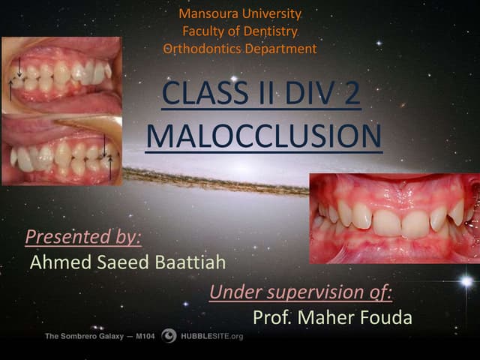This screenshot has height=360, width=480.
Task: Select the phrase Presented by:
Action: pyautogui.click(x=83, y=237)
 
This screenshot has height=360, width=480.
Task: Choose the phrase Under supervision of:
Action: pyautogui.click(x=301, y=292)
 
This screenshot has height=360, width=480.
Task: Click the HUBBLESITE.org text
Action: pyautogui.click(x=212, y=337)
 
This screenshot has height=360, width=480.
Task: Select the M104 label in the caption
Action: pyautogui.click(x=143, y=337)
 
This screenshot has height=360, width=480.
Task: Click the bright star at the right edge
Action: pyautogui.click(x=466, y=281)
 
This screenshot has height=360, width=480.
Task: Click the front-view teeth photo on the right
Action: pyautogui.click(x=394, y=218)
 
